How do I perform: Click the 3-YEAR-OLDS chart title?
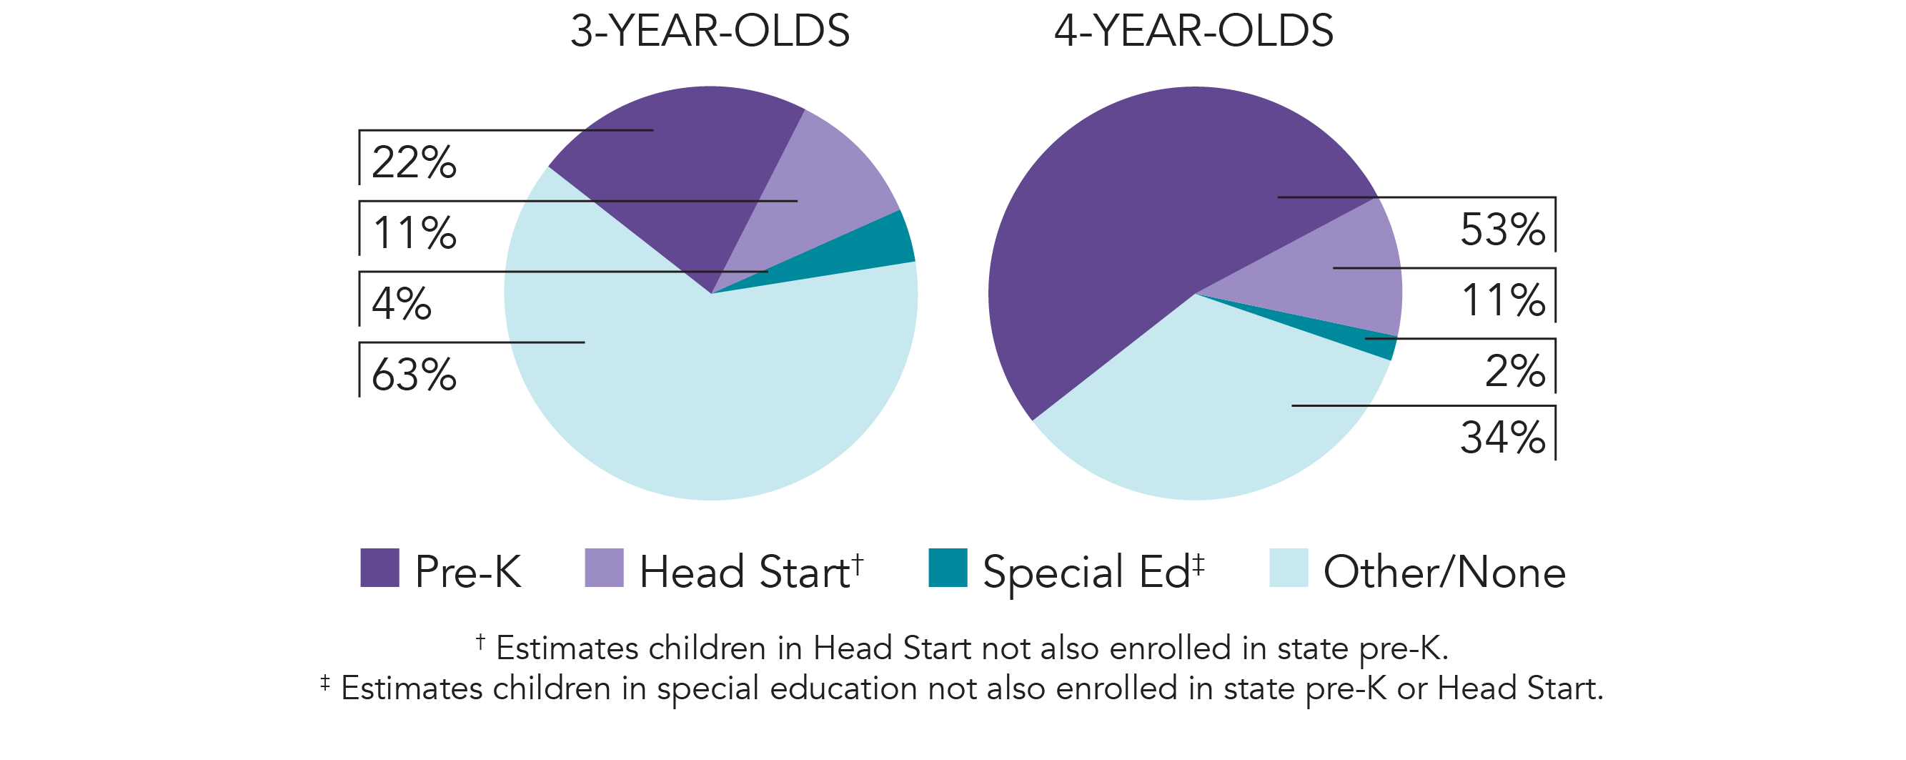pyautogui.click(x=710, y=31)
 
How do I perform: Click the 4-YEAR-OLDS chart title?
pyautogui.click(x=1193, y=31)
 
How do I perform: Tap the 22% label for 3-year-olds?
pyautogui.click(x=414, y=162)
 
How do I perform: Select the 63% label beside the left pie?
pyautogui.click(x=414, y=375)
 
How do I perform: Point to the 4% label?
pyautogui.click(x=401, y=303)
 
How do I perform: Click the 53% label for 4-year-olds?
pyautogui.click(x=1502, y=230)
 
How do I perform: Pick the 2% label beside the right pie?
pyautogui.click(x=1514, y=371)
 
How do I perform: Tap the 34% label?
pyautogui.click(x=1502, y=438)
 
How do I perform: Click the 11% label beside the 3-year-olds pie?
pyautogui.click(x=415, y=233)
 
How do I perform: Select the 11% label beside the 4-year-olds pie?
pyautogui.click(x=1503, y=300)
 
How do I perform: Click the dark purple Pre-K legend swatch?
pyautogui.click(x=379, y=568)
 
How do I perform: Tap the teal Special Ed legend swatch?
pyautogui.click(x=948, y=568)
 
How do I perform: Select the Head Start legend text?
pyautogui.click(x=745, y=572)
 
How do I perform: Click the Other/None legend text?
pyautogui.click(x=1444, y=572)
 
